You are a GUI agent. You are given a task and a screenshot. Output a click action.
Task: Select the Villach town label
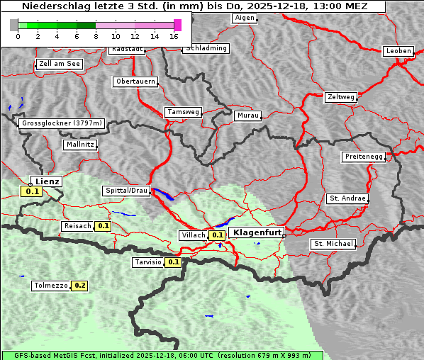(193, 235)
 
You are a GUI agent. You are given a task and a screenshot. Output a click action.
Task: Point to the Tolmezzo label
(50, 286)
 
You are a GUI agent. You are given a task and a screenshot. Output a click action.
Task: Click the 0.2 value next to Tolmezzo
(79, 286)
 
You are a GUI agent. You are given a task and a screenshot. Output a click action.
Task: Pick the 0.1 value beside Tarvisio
(174, 262)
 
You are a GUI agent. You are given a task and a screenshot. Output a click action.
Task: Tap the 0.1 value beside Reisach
(104, 226)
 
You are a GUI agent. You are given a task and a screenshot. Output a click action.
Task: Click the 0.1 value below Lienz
(32, 191)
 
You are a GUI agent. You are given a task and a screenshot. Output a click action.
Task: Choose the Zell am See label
(60, 64)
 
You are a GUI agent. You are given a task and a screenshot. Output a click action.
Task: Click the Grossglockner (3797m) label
(62, 123)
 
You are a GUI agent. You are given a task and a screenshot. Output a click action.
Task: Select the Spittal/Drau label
(126, 191)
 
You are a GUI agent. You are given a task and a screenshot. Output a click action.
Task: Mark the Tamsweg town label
(183, 112)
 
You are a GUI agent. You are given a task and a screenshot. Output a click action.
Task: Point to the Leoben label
(397, 51)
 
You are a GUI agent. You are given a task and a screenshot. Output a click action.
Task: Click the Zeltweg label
(340, 96)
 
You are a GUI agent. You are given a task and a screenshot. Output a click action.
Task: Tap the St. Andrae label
(347, 198)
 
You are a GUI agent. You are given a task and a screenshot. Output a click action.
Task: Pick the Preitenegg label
(363, 157)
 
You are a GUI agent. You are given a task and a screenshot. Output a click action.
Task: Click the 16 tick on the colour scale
(174, 36)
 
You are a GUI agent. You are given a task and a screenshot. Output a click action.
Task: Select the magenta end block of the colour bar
(177, 25)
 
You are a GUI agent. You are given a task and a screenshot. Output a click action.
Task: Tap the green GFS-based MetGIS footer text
(162, 355)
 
